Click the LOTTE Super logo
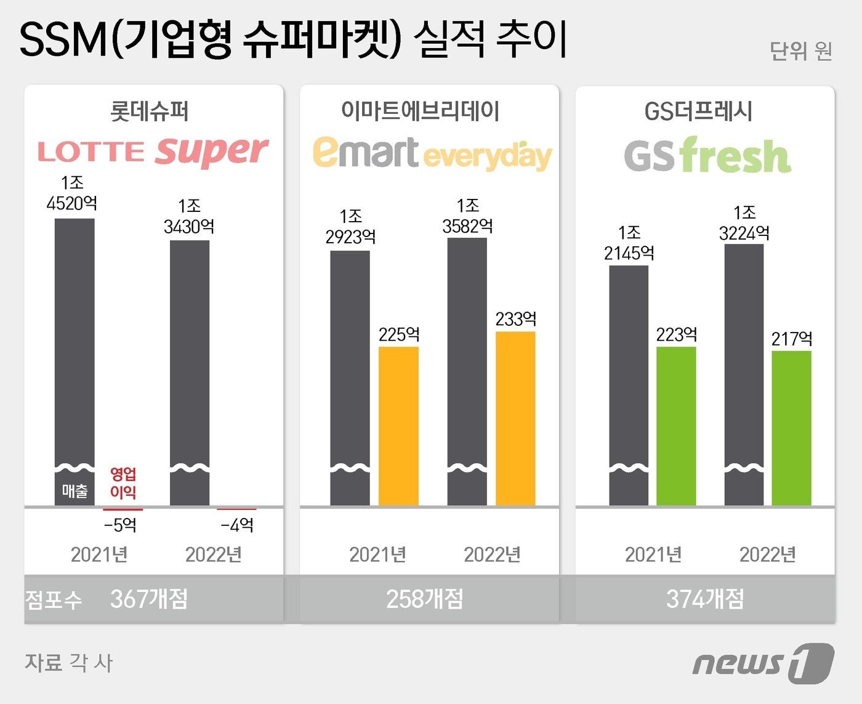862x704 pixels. (x=153, y=152)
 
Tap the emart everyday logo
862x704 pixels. (x=432, y=153)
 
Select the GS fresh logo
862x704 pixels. (x=707, y=155)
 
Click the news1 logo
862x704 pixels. (x=763, y=663)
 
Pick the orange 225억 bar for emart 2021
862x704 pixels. (x=398, y=426)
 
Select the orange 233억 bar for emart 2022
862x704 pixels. (x=515, y=418)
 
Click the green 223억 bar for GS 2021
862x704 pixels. (x=676, y=426)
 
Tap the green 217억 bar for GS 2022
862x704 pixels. (x=791, y=427)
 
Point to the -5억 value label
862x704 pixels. (x=120, y=525)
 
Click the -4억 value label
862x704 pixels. (x=237, y=525)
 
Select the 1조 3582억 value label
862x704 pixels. (x=468, y=216)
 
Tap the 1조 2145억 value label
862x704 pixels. (x=629, y=243)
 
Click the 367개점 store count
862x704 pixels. (x=149, y=599)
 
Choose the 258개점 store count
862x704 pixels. (x=425, y=599)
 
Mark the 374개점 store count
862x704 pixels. (x=705, y=599)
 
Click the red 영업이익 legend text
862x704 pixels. (x=123, y=483)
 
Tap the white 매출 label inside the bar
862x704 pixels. (x=75, y=491)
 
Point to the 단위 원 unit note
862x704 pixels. (x=800, y=51)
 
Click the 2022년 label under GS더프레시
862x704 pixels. (x=767, y=554)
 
